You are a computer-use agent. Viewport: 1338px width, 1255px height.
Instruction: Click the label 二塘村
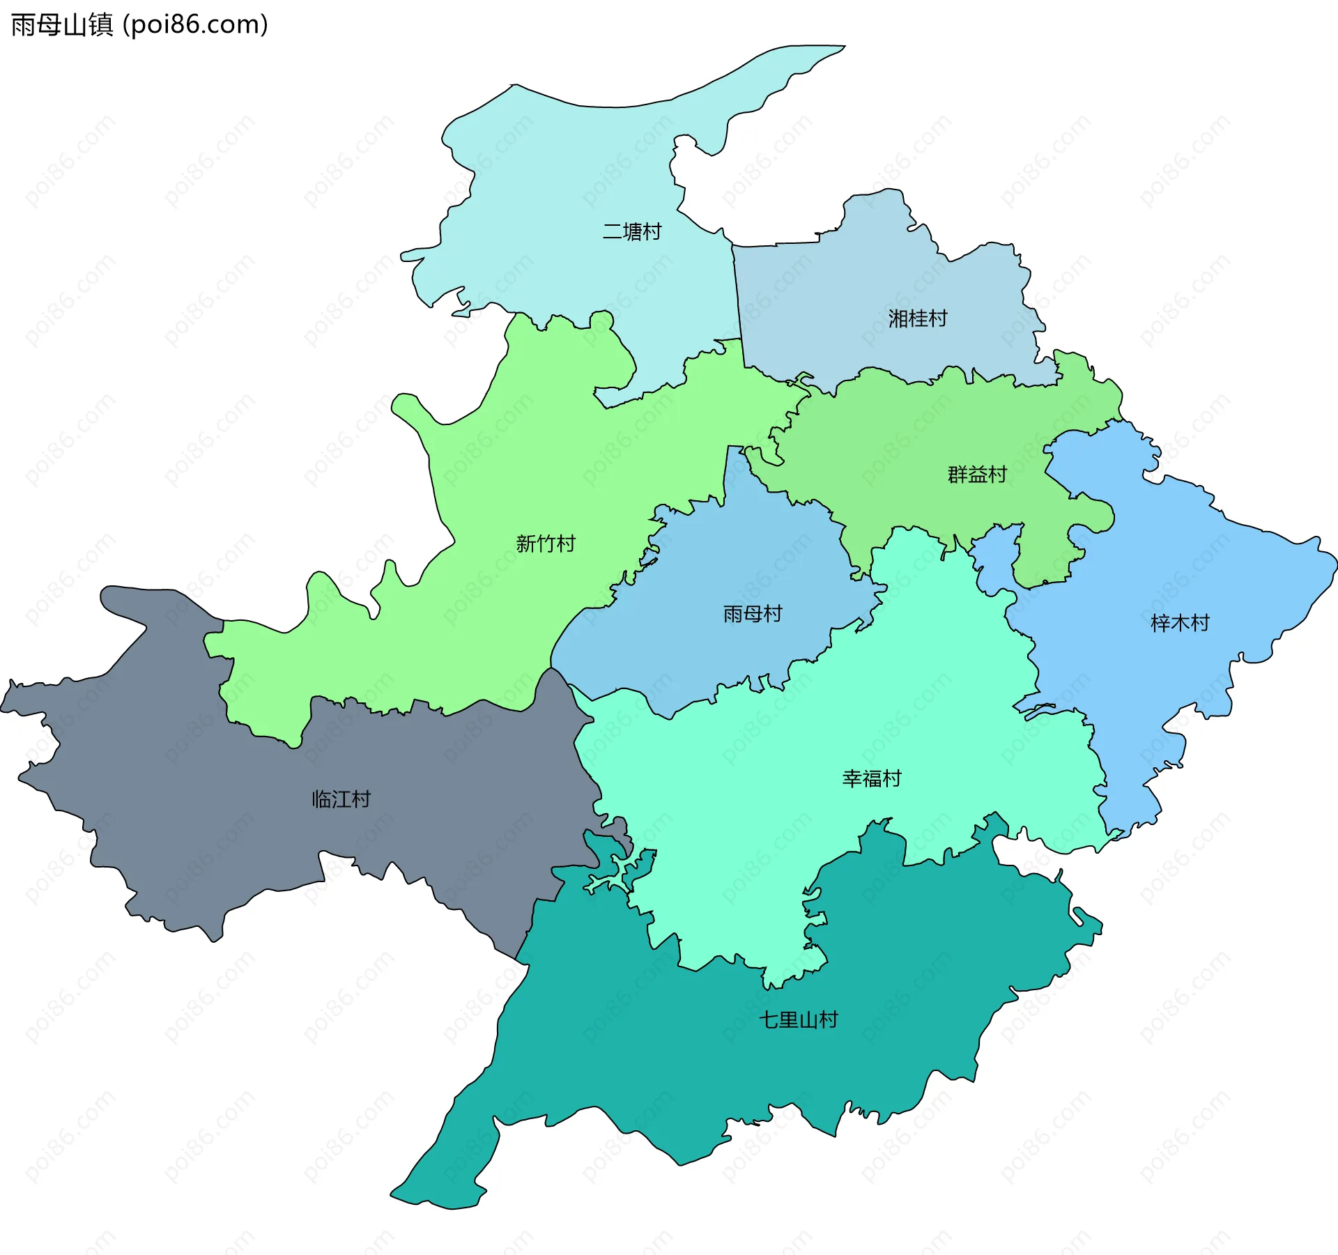[x=631, y=231]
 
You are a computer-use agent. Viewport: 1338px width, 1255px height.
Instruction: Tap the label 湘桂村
[x=918, y=318]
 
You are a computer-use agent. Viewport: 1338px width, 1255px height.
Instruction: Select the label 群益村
[x=977, y=475]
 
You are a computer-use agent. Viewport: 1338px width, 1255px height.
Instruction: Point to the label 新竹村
[x=546, y=544]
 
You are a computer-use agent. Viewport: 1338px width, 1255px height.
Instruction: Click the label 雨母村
[x=753, y=614]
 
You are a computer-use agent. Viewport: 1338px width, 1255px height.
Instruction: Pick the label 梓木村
[x=1180, y=623]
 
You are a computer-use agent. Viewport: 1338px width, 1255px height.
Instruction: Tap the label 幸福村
[x=872, y=778]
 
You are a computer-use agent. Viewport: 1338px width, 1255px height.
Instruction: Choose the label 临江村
[x=341, y=799]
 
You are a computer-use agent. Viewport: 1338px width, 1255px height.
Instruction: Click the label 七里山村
[x=798, y=1020]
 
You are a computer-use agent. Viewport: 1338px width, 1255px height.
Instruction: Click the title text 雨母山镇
[x=62, y=25]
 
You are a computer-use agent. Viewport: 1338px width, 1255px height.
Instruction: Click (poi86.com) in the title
[x=195, y=25]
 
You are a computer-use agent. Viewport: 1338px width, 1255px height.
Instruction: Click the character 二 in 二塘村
[x=612, y=231]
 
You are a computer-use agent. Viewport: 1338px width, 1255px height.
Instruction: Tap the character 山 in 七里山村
[x=808, y=1020]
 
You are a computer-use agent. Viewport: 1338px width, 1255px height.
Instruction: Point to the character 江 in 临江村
[x=341, y=799]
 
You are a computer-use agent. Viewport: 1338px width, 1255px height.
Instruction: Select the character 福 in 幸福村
[x=872, y=778]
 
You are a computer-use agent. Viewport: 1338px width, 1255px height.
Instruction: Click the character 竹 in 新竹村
[x=546, y=544]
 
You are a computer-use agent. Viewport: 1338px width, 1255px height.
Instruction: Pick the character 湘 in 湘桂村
[x=898, y=318]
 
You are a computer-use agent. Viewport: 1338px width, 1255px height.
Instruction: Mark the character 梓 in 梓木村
[x=1160, y=623]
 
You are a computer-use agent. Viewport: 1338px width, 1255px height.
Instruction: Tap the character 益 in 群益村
[x=977, y=475]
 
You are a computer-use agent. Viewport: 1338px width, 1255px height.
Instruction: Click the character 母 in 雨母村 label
[x=753, y=614]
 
